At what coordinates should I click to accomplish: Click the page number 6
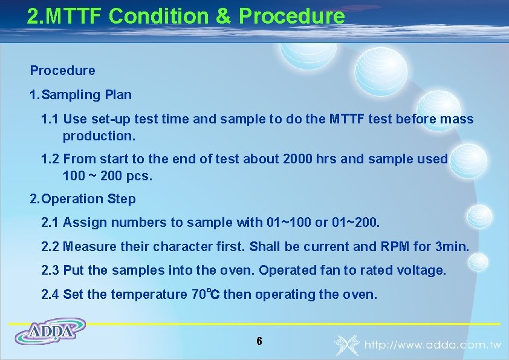click(x=259, y=341)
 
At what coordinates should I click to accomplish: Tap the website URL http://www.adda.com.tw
click(x=432, y=345)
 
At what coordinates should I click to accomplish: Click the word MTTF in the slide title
click(x=81, y=16)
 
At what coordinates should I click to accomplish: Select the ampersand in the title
click(x=221, y=16)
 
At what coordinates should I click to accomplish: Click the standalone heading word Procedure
click(x=62, y=71)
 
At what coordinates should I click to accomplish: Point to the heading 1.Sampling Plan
click(x=80, y=95)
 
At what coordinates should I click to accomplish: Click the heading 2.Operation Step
click(x=83, y=199)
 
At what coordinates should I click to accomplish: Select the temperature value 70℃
click(x=205, y=295)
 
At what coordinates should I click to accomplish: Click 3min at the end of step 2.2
click(x=452, y=247)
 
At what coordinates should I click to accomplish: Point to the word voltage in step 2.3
click(x=422, y=270)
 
